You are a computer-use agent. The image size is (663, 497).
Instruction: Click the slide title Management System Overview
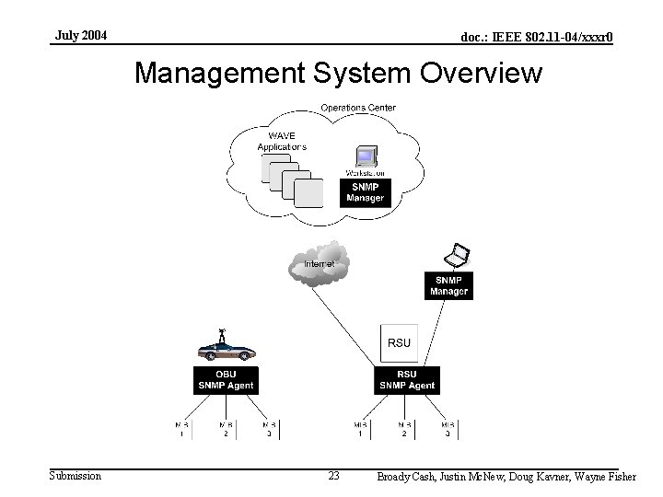(338, 74)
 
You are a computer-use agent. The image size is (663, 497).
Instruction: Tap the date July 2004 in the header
(80, 36)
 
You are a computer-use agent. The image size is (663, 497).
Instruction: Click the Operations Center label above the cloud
(358, 108)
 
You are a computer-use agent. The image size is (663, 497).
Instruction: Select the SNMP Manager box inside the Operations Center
(365, 193)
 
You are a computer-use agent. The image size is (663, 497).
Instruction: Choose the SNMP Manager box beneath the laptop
(448, 286)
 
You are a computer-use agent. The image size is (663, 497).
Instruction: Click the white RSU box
(399, 342)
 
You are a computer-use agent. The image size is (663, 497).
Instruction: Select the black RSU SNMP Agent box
(407, 380)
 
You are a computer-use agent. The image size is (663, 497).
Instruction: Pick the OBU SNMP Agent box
(226, 380)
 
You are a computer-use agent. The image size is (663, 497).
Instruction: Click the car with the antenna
(227, 350)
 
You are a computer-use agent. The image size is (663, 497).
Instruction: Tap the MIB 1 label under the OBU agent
(181, 429)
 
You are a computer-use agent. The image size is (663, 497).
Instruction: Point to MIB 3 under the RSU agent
(448, 429)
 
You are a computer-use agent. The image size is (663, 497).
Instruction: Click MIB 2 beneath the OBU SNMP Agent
(226, 429)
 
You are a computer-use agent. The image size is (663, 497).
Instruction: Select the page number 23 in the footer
(333, 476)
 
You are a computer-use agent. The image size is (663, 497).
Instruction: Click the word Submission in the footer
(76, 475)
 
